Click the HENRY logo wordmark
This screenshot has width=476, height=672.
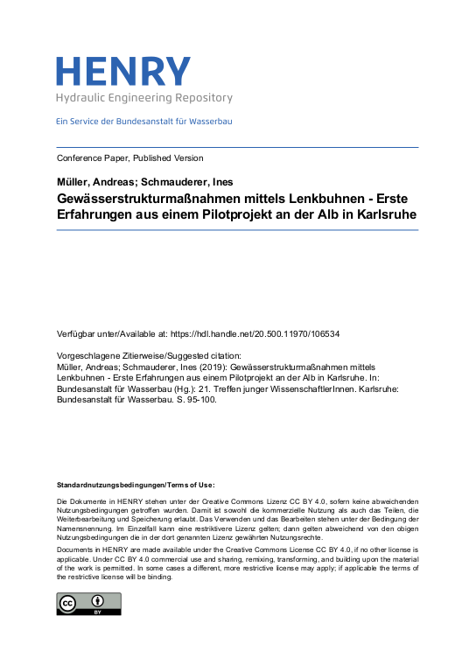click(x=122, y=72)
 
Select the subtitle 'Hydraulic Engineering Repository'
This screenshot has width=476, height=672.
click(x=144, y=98)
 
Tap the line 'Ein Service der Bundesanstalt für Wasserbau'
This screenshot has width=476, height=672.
click(x=144, y=121)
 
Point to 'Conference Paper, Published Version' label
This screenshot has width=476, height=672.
click(x=129, y=158)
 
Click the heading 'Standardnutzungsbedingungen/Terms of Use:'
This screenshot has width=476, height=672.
click(x=136, y=484)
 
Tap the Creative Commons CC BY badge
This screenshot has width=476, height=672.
click(x=88, y=604)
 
